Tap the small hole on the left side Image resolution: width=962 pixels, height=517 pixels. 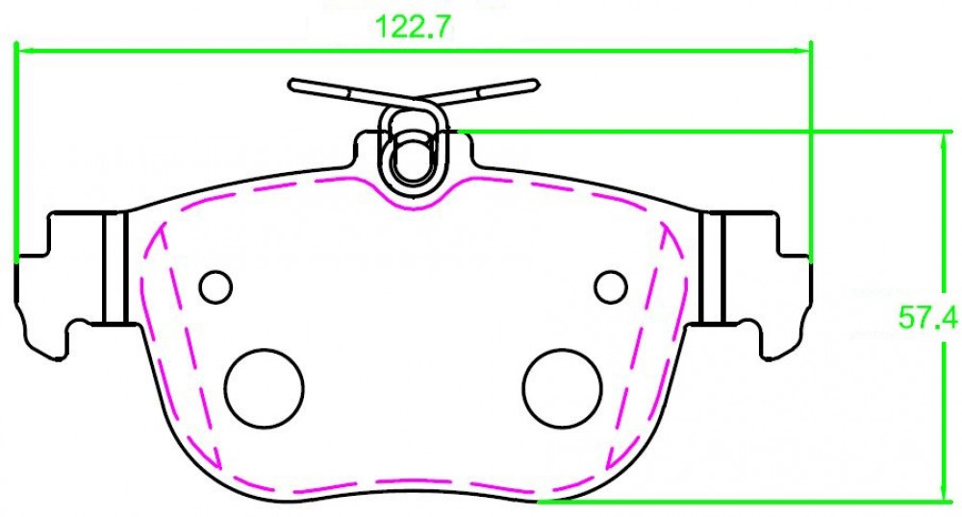point(215,286)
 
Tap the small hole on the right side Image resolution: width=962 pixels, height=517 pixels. point(611,286)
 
